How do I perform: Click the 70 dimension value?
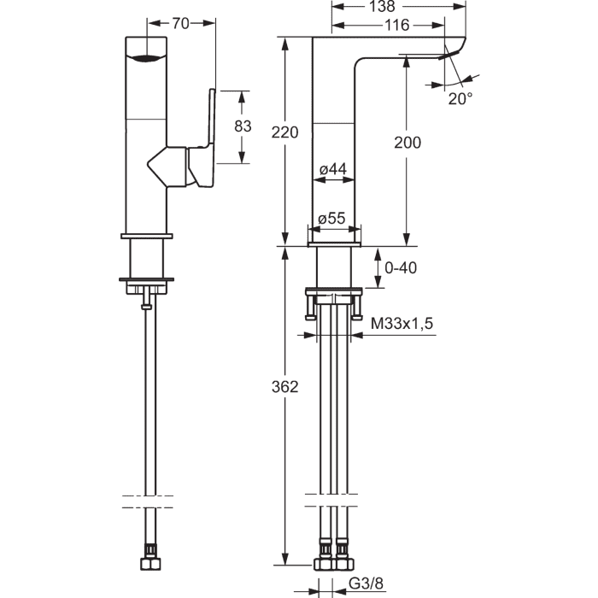tap(180, 24)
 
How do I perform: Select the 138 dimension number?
tap(382, 6)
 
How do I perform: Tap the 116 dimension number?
tap(396, 25)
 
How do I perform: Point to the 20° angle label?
tap(460, 99)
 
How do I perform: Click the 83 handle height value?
tap(243, 126)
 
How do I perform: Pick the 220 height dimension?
tap(284, 132)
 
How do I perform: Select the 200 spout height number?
tap(407, 143)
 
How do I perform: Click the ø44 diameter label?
tap(333, 169)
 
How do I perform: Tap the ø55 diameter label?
tap(331, 218)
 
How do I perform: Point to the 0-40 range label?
tap(401, 267)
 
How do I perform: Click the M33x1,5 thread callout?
tap(402, 324)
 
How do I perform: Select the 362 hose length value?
tap(284, 387)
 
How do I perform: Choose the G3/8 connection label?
tap(366, 583)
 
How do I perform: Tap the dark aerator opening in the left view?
tap(146, 58)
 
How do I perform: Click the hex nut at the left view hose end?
tap(150, 564)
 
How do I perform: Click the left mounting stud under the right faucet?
tap(310, 307)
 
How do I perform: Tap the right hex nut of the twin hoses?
tap(345, 564)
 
